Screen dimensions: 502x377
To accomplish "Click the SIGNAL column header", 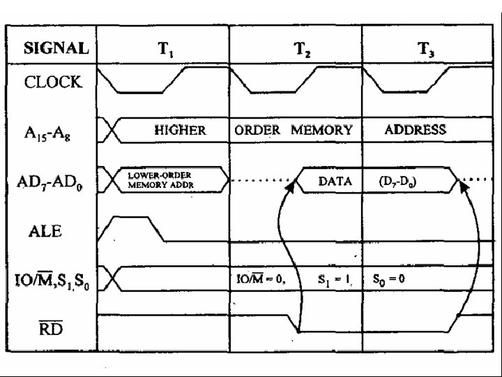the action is click(x=56, y=49).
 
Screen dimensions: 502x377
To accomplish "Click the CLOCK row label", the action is click(x=53, y=82).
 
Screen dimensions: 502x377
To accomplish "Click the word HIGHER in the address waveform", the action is click(x=179, y=130).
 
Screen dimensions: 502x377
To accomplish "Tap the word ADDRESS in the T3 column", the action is click(x=416, y=130).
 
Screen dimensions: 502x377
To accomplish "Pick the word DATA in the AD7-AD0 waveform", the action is click(x=335, y=181).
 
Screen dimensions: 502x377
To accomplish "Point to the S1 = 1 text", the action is click(x=335, y=279).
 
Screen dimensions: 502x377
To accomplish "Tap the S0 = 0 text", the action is click(x=390, y=279).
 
